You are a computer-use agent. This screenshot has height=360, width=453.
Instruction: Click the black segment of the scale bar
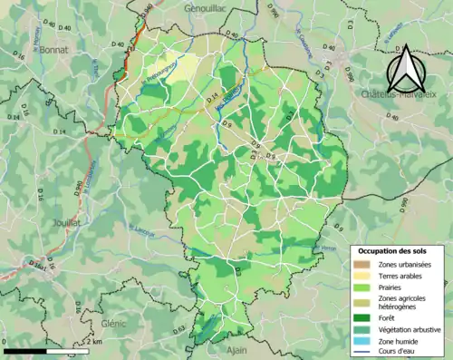[x=24, y=350]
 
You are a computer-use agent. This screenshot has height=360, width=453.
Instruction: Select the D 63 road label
[x=178, y=328]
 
